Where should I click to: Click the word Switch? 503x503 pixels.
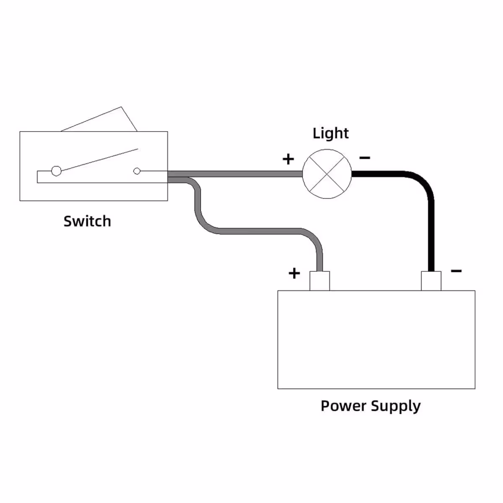click(87, 221)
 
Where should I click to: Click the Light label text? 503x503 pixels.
click(330, 133)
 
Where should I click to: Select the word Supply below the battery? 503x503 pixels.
click(396, 407)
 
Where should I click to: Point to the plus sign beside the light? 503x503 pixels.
click(288, 159)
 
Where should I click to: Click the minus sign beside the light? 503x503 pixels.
click(365, 158)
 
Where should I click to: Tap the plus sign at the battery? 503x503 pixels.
click(294, 273)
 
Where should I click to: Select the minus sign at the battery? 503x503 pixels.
click(456, 271)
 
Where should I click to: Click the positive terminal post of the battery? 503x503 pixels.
click(319, 281)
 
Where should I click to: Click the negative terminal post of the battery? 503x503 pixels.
click(431, 281)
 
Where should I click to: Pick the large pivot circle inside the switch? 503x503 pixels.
click(56, 171)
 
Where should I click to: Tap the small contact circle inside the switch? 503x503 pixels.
click(137, 171)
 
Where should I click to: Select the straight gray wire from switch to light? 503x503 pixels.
click(235, 174)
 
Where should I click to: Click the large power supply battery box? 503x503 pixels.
click(376, 340)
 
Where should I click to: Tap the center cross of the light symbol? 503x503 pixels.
click(327, 174)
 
